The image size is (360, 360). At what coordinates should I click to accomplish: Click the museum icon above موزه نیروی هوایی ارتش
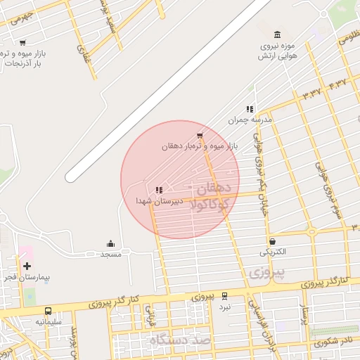277,35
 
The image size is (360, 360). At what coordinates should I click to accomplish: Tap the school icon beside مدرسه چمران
249,109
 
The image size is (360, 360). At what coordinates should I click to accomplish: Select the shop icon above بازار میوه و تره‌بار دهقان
200,135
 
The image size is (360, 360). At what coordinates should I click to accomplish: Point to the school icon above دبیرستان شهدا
159,190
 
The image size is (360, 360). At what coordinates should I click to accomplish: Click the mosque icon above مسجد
110,243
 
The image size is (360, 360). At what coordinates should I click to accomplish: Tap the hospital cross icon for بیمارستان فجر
27,266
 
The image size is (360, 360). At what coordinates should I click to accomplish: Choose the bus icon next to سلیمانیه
48,311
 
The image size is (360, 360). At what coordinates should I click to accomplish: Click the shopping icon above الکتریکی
272,241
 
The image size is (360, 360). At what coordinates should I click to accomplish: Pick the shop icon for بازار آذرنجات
23,43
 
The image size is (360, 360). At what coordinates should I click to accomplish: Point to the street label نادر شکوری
330,342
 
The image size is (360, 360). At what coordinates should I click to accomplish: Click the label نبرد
224,307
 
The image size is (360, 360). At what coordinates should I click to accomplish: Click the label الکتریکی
273,252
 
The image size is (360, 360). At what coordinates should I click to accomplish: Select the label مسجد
111,254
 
